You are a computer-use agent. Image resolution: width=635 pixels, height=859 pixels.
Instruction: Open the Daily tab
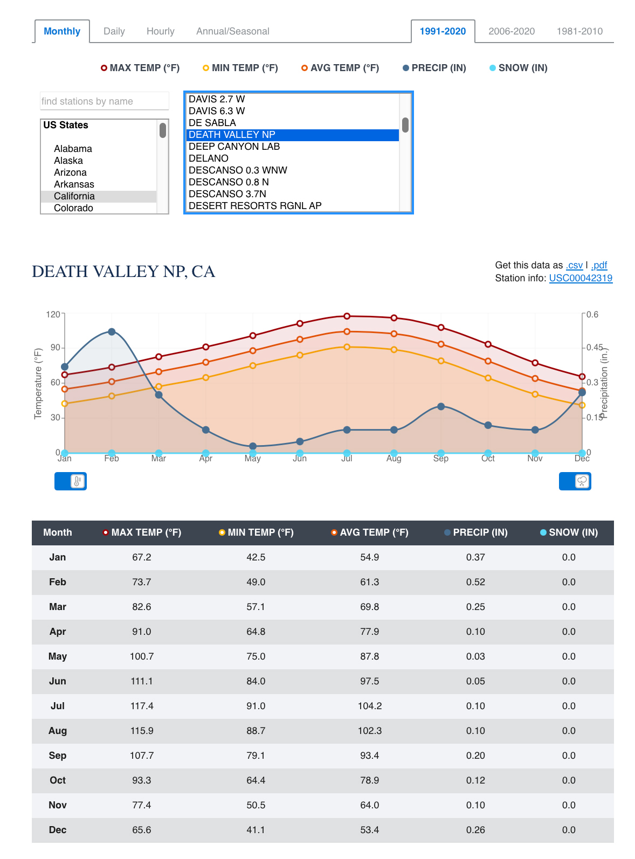[x=114, y=31]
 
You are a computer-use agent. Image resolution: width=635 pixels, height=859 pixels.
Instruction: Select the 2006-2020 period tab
[x=511, y=31]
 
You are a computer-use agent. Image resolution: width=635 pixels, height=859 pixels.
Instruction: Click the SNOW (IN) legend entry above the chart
[x=518, y=68]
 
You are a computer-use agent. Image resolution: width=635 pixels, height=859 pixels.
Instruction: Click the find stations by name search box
[x=105, y=101]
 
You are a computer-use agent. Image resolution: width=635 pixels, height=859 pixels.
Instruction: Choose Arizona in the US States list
[x=70, y=172]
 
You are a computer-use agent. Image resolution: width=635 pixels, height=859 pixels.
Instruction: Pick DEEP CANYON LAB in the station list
[x=234, y=147]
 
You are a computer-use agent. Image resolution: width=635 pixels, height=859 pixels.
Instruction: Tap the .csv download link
[x=574, y=265]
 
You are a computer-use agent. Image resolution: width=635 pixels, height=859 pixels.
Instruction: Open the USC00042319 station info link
[x=581, y=278]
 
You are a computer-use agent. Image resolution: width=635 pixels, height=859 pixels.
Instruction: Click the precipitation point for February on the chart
[x=112, y=332]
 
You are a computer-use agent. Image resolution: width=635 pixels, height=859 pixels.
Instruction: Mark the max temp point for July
[x=347, y=316]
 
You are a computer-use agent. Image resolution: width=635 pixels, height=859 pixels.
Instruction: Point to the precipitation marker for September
[x=441, y=406]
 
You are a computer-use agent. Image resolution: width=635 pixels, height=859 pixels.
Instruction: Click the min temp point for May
[x=253, y=366]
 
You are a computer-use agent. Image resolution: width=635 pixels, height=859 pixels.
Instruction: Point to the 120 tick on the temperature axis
[x=53, y=314]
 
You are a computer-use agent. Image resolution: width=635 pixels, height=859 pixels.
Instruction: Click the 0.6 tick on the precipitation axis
[x=592, y=314]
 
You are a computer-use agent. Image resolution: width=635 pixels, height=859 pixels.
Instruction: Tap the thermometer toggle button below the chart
[x=71, y=481]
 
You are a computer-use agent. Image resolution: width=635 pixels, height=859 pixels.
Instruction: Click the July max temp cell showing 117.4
[x=142, y=706]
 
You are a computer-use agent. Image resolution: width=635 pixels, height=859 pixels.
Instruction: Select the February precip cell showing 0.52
[x=475, y=582]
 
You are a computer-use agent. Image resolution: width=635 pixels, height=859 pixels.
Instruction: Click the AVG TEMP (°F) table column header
[x=370, y=532]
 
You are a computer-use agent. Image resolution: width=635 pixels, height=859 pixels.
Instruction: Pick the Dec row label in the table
[x=58, y=830]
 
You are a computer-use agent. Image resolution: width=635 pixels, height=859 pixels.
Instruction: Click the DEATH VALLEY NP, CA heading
[x=123, y=272]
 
